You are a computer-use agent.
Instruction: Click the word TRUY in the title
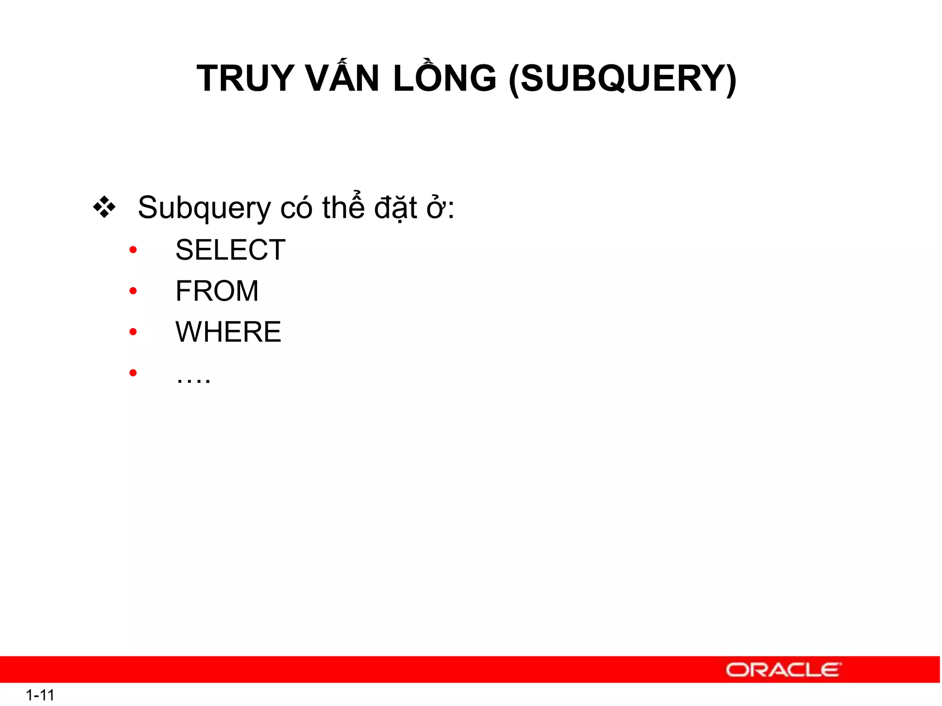pos(246,79)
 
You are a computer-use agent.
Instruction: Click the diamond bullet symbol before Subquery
pos(104,207)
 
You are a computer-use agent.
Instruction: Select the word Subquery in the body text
pos(204,208)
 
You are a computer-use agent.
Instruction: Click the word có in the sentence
pos(296,208)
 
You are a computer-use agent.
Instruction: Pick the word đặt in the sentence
pos(396,208)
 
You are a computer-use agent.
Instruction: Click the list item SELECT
pos(230,250)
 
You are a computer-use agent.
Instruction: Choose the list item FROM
pos(217,291)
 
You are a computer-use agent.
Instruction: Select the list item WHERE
pos(228,332)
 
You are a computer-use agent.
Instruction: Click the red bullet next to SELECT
pos(133,250)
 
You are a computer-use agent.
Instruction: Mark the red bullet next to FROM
pos(133,291)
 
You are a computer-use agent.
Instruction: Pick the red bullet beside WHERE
pos(133,332)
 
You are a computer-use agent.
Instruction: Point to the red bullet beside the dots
pos(133,373)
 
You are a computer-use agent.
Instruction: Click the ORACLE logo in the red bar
pos(783,670)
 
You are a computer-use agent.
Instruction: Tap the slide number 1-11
pos(40,695)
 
